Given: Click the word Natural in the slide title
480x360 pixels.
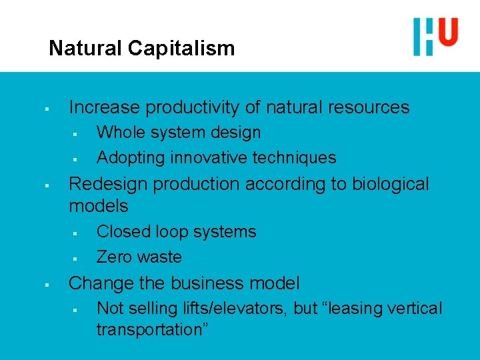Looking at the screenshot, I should [x=85, y=49].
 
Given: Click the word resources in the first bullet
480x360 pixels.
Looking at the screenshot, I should [x=366, y=107].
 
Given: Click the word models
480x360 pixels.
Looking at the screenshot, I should [x=99, y=205].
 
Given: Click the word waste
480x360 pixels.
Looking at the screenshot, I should [x=160, y=257].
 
